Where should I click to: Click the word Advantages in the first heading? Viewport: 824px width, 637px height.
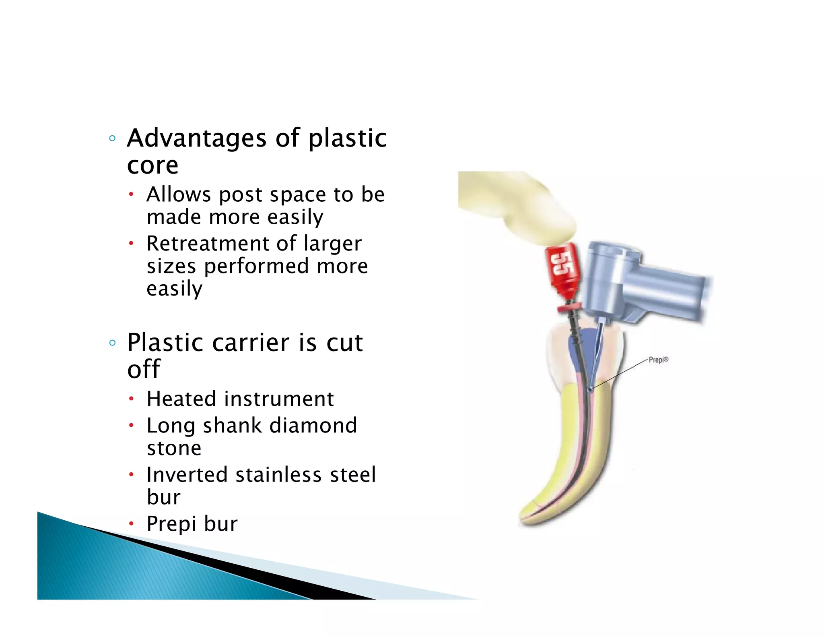(196, 138)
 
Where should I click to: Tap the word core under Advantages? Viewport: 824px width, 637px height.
(152, 165)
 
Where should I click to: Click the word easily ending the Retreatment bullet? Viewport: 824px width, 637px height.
(174, 289)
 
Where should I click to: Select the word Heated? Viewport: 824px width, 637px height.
(182, 399)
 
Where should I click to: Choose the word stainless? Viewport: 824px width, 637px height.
(278, 475)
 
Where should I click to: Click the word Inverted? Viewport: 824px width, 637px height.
(187, 475)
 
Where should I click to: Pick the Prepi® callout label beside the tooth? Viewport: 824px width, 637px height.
(658, 360)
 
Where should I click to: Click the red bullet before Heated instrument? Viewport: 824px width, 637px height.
(131, 399)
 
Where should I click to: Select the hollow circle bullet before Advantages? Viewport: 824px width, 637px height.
(112, 139)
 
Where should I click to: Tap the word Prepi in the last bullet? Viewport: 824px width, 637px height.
(171, 524)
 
